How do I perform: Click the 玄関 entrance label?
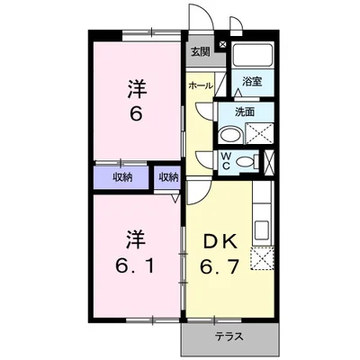(x=199, y=52)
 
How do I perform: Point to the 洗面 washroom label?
(x=245, y=112)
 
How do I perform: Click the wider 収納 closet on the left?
(x=122, y=177)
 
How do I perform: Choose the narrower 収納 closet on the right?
(x=168, y=177)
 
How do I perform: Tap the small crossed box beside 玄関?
(x=222, y=41)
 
